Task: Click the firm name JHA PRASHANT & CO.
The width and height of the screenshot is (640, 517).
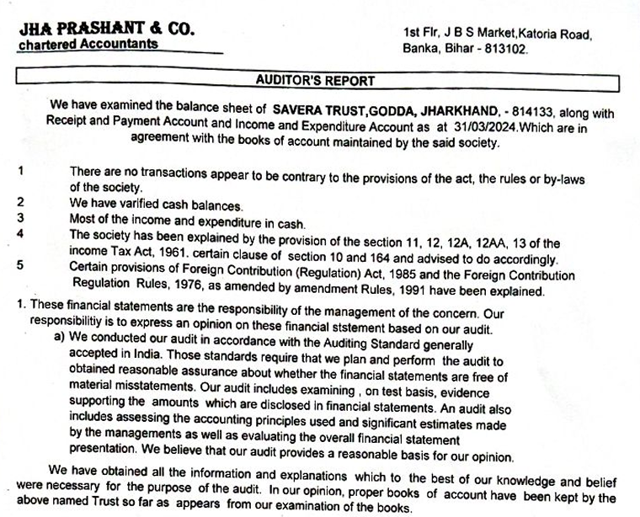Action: [x=106, y=28]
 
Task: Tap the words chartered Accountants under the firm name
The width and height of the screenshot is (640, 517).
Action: [x=88, y=44]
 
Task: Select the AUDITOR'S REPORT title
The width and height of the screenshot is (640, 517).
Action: [x=315, y=81]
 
